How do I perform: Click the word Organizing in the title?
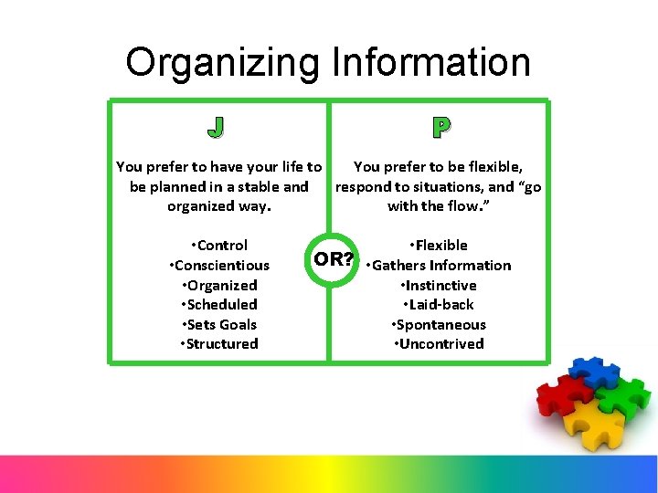pyautogui.click(x=223, y=63)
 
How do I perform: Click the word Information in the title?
pyautogui.click(x=431, y=63)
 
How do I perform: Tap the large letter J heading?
pyautogui.click(x=216, y=128)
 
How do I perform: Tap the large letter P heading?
pyautogui.click(x=440, y=128)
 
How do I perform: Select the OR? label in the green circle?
pyautogui.click(x=334, y=258)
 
